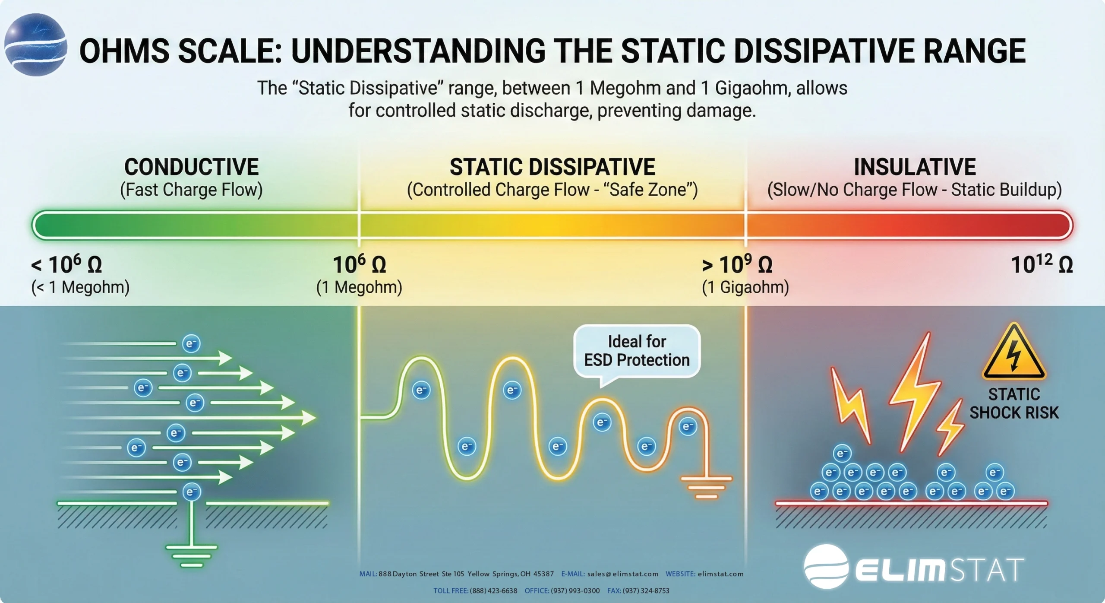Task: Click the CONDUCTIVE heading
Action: [191, 167]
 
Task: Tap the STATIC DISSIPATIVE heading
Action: [552, 167]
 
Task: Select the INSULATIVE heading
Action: [914, 167]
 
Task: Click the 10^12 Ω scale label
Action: [1042, 264]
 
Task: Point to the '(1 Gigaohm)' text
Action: [745, 287]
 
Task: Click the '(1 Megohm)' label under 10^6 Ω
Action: [359, 287]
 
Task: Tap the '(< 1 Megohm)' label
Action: [80, 287]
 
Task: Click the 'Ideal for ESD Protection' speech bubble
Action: [637, 351]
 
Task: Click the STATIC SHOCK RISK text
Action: [1014, 403]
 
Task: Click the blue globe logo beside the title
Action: [35, 45]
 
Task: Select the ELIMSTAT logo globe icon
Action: [826, 566]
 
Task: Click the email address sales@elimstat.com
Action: [623, 574]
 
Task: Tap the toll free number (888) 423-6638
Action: [493, 590]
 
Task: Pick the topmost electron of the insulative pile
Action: [842, 454]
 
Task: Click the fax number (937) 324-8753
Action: [646, 590]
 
